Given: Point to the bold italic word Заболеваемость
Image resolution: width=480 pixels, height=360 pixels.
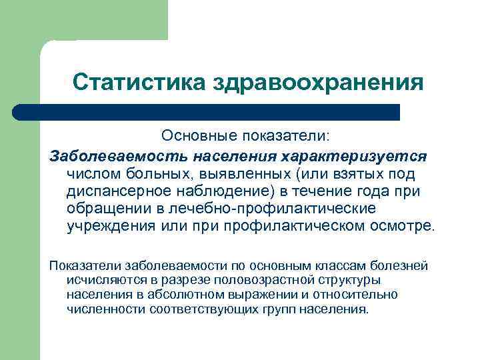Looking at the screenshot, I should tap(117, 156).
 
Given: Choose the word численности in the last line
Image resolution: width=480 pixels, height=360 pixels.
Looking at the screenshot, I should tap(105, 309).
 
